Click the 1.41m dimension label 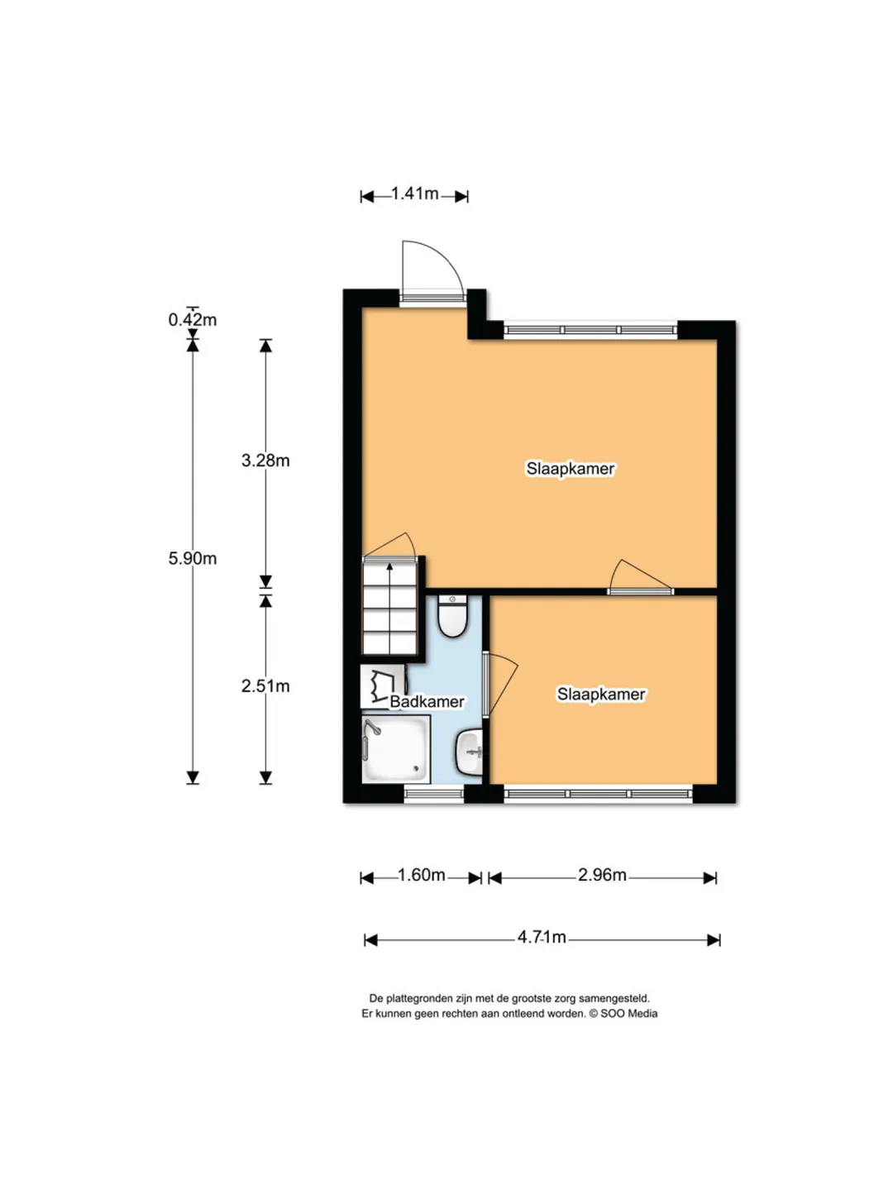[414, 193]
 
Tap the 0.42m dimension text [193, 320]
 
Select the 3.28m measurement [265, 461]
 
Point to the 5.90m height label [193, 558]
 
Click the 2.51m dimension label [265, 686]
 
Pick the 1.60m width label [422, 875]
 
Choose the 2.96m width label [602, 875]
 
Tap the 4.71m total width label [542, 937]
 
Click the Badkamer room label [427, 702]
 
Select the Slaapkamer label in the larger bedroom [571, 468]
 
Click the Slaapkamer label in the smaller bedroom [601, 694]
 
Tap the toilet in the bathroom [452, 616]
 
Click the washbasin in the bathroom [469, 752]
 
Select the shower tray [396, 748]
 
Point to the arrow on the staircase [389, 608]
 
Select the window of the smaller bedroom [599, 794]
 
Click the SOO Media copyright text [623, 1014]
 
